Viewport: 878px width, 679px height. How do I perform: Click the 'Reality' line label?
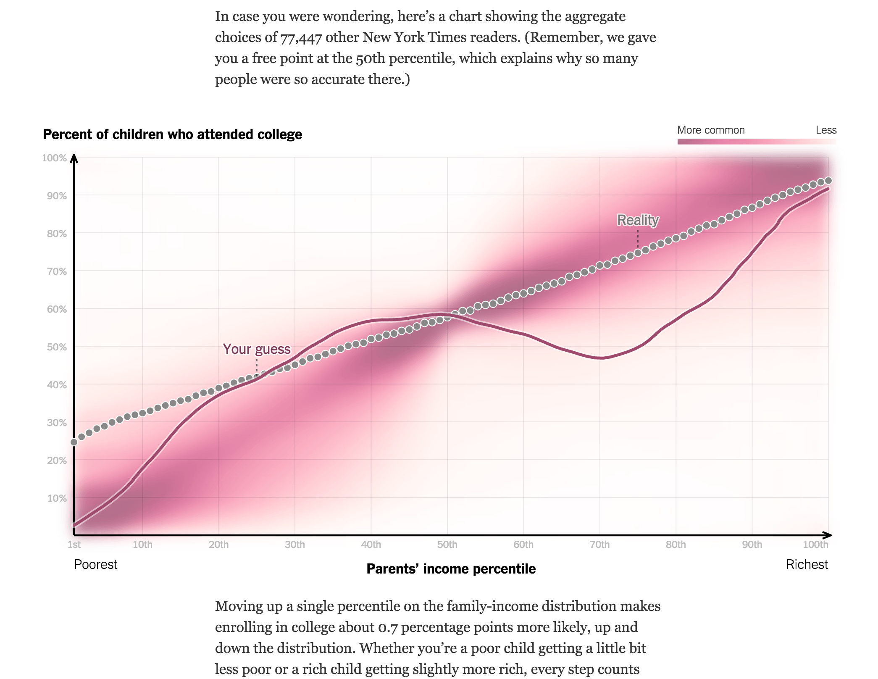(x=638, y=220)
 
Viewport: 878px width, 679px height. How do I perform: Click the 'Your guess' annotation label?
(x=256, y=349)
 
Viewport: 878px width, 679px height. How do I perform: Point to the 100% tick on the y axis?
(x=54, y=158)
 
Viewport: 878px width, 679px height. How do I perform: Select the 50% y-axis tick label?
(x=57, y=347)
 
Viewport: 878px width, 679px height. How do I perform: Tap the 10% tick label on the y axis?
(x=57, y=498)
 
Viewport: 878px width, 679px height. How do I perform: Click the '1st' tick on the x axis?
(x=74, y=545)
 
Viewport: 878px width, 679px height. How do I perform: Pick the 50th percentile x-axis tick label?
(x=447, y=545)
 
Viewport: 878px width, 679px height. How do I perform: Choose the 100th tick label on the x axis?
(x=815, y=545)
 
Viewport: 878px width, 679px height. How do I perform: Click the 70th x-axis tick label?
(x=599, y=545)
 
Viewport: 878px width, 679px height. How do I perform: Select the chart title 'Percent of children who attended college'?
(x=172, y=134)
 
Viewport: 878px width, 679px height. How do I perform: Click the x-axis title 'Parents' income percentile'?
(x=451, y=568)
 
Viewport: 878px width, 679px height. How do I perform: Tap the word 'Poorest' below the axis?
(x=96, y=564)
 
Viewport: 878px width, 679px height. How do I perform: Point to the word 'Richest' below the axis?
(x=807, y=564)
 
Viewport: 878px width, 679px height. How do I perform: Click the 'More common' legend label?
(x=711, y=130)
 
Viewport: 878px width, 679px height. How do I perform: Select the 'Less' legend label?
(x=826, y=130)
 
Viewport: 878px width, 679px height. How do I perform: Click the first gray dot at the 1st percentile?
(x=74, y=442)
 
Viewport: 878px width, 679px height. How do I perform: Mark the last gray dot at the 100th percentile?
(x=828, y=181)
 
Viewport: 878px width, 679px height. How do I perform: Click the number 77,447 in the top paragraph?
(x=301, y=38)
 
